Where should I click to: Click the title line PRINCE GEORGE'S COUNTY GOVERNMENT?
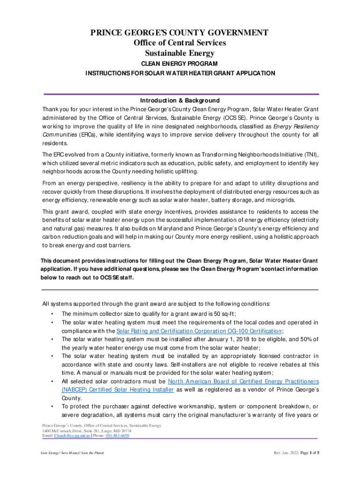[x=180, y=33]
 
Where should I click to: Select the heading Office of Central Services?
[x=180, y=43]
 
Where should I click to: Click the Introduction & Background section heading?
[x=180, y=101]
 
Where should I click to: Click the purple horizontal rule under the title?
[x=180, y=93]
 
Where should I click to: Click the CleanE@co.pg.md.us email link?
[x=70, y=435]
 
